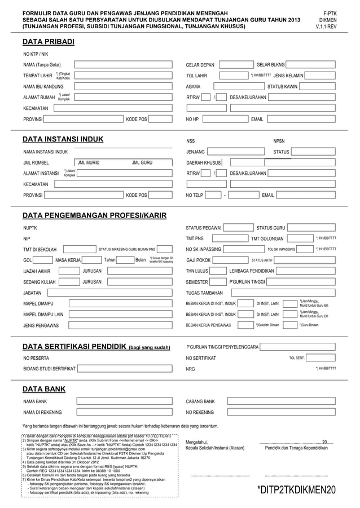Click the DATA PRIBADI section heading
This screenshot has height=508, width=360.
[x=48, y=42]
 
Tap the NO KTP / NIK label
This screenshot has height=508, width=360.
[x=35, y=54]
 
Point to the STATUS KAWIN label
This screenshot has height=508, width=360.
[x=282, y=87]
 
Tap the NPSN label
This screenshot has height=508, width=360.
[x=279, y=141]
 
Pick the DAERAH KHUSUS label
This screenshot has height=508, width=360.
[x=203, y=162]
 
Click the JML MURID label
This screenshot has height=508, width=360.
[x=89, y=162]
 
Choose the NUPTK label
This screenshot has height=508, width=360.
[x=30, y=228]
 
